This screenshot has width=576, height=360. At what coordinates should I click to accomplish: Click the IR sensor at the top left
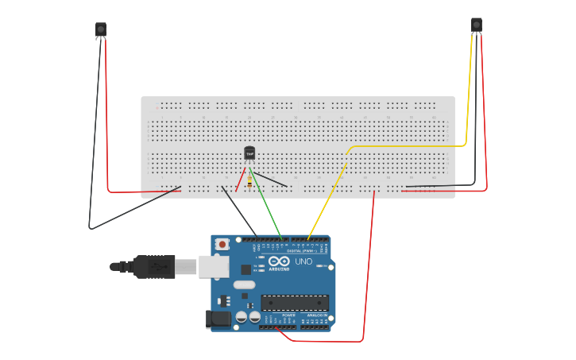click(x=101, y=29)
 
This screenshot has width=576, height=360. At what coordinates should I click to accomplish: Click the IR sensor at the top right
click(x=477, y=25)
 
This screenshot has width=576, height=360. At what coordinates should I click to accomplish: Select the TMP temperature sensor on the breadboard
click(x=249, y=153)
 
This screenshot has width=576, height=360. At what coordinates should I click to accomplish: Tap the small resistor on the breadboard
click(x=249, y=183)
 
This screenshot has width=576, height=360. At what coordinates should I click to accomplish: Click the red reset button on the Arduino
click(x=222, y=243)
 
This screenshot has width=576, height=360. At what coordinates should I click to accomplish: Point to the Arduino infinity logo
click(x=279, y=261)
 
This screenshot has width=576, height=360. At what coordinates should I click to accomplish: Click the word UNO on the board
click(x=303, y=261)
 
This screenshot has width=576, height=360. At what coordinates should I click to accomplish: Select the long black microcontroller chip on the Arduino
click(x=295, y=302)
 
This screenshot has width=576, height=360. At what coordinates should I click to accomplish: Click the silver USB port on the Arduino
click(x=213, y=266)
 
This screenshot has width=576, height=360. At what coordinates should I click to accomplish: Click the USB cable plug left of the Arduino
click(x=155, y=266)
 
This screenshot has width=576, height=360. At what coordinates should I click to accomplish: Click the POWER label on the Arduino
click(x=288, y=315)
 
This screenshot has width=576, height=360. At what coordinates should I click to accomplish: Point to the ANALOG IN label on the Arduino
click(x=317, y=315)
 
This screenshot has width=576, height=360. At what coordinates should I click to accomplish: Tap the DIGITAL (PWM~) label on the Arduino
click(x=300, y=250)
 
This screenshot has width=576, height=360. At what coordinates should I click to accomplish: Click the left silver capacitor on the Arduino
click(x=241, y=316)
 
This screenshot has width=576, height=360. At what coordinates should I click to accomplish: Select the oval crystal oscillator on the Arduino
click(x=245, y=285)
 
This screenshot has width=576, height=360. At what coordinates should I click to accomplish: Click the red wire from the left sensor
click(x=106, y=111)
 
